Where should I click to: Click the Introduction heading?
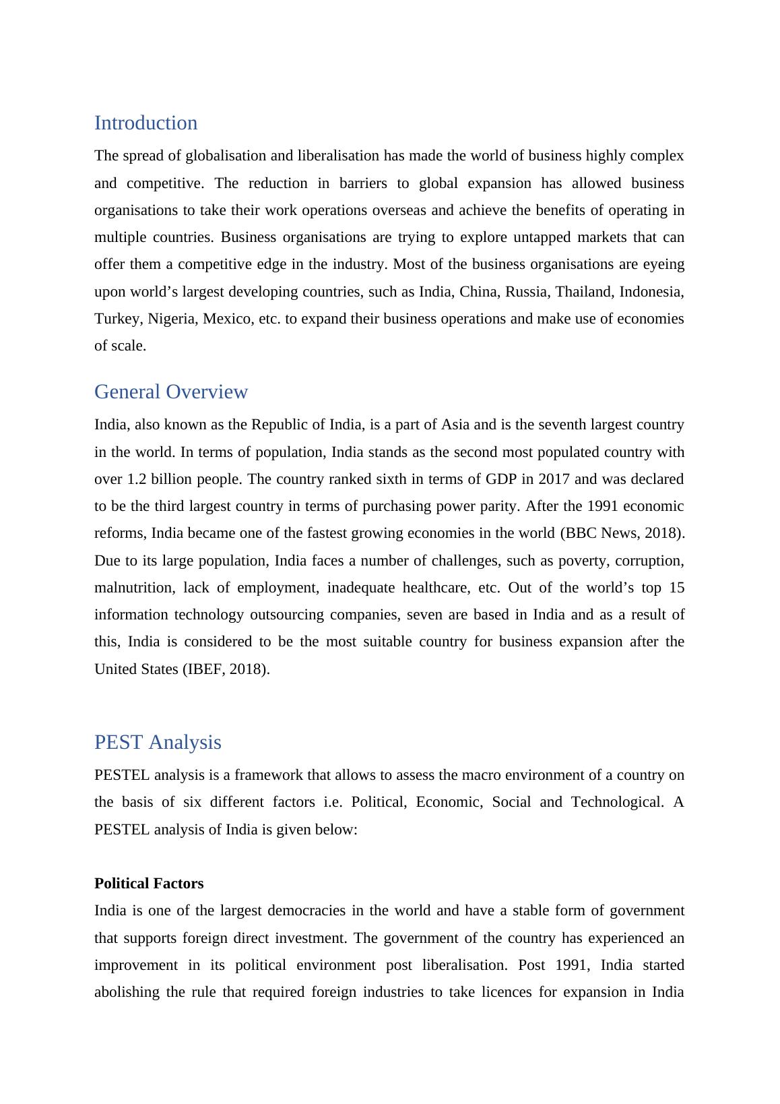click(x=145, y=123)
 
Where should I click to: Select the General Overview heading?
click(x=171, y=392)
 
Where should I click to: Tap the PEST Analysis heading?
click(x=158, y=743)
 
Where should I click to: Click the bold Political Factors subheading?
click(x=149, y=884)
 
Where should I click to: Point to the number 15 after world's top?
click(x=676, y=588)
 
